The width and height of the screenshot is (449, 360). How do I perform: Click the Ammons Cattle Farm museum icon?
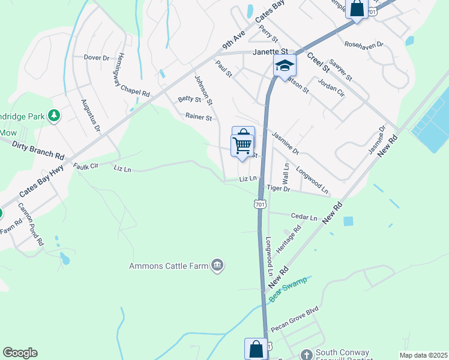(217, 265)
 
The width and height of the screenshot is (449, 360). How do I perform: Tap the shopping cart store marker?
(243, 143)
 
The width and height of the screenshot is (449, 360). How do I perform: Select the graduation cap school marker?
(285, 66)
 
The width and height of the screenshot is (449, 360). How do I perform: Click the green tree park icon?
(54, 115)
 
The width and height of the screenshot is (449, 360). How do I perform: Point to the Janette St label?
(271, 52)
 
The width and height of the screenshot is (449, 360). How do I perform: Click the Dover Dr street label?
(96, 58)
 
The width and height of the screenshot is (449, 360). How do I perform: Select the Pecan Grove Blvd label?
(294, 327)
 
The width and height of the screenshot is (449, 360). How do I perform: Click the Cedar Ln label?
(303, 217)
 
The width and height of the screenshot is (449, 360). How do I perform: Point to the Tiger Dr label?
(279, 188)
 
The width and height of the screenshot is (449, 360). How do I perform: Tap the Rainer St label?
(199, 118)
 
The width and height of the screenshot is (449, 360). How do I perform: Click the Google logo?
(20, 353)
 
